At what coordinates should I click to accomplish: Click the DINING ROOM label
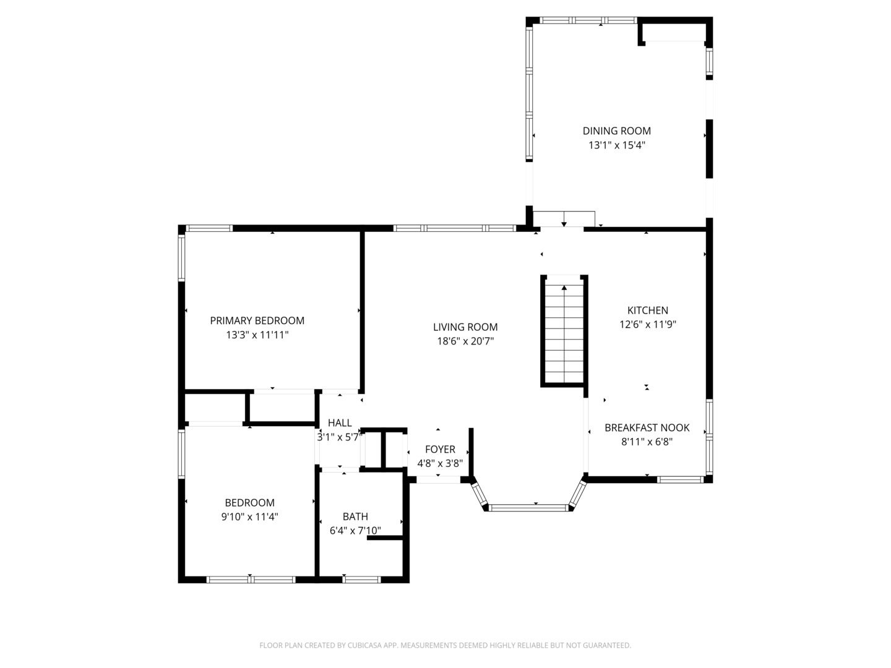[616, 131]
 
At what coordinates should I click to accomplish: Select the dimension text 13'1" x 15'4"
[616, 145]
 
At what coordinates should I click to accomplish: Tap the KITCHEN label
[647, 310]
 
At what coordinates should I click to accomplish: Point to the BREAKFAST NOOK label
[647, 427]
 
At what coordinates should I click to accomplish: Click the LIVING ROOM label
[465, 327]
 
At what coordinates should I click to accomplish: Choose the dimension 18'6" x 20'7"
[465, 341]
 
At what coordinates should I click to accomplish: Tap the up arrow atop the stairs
[564, 288]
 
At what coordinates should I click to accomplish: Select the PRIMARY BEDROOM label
[257, 320]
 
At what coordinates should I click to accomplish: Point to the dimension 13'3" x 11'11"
[257, 335]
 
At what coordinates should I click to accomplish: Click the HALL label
[339, 423]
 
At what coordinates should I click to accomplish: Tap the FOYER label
[440, 449]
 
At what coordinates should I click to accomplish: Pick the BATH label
[355, 516]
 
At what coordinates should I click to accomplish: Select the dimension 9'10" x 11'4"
[249, 517]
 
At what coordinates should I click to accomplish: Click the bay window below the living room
[529, 508]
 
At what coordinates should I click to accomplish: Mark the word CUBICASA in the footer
[359, 645]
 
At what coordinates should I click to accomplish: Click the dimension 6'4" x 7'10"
[355, 531]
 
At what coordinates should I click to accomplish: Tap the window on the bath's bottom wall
[361, 580]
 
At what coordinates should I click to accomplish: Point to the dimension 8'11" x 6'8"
[647, 442]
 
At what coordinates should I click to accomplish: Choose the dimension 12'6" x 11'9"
[647, 325]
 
